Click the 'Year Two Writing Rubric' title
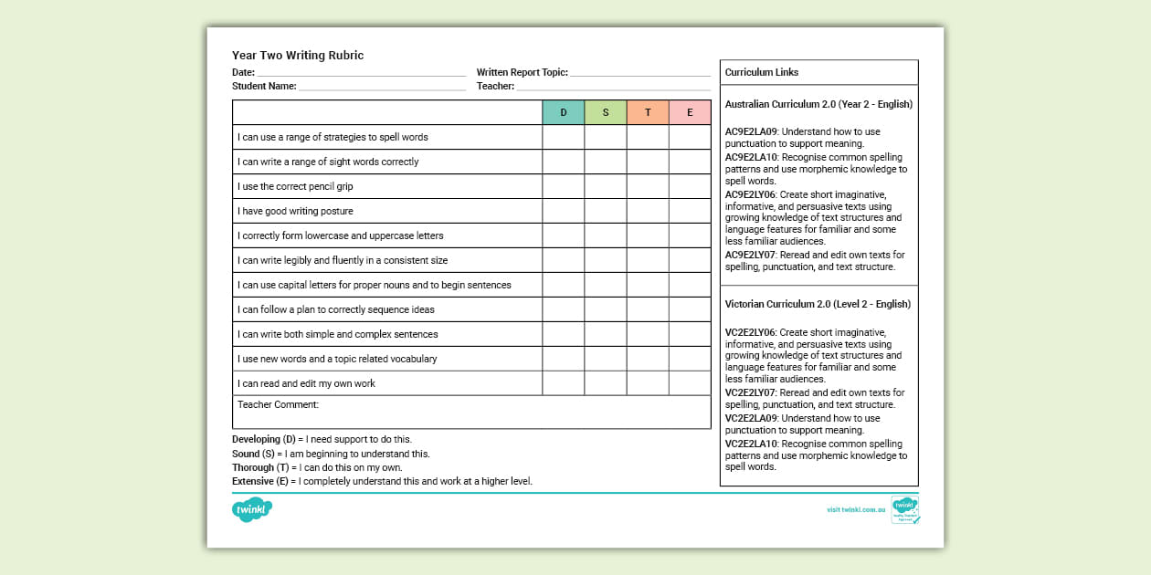point(298,56)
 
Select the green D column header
point(564,112)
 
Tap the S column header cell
point(606,112)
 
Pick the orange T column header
point(648,112)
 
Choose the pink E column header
point(690,112)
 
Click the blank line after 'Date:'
point(361,73)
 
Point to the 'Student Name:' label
point(264,87)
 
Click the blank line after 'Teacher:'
point(613,88)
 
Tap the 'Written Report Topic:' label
point(523,72)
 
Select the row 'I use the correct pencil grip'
point(295,186)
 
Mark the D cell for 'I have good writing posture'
point(564,211)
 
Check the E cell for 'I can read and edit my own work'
point(690,383)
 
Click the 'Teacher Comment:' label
point(278,404)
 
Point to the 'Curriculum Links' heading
point(762,72)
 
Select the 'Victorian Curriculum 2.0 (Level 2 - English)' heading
point(818,304)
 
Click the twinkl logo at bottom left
point(252,509)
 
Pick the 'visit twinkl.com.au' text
point(856,509)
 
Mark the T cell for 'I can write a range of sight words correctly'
point(648,162)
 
